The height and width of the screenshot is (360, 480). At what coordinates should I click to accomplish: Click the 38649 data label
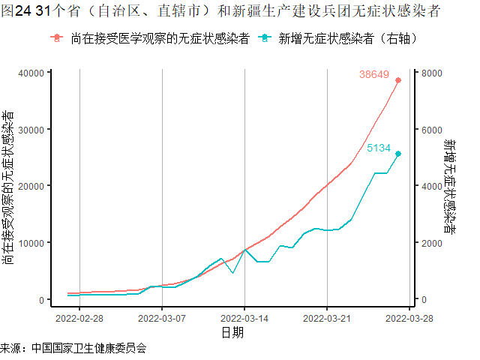373,74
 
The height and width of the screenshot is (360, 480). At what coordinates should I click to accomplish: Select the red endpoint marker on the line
398,80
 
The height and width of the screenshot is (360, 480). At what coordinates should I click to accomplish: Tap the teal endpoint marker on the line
398,154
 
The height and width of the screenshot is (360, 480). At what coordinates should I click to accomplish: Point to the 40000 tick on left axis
29,73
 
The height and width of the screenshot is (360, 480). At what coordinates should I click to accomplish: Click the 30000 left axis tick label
29,129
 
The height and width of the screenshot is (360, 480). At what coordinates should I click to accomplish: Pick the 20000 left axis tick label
29,186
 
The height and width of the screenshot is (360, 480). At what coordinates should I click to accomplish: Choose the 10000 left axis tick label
29,243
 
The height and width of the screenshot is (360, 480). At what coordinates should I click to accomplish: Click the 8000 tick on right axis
433,73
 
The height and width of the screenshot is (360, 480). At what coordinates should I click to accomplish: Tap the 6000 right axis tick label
433,129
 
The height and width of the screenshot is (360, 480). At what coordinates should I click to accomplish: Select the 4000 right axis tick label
433,186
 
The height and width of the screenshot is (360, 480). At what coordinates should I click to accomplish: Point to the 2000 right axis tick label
433,243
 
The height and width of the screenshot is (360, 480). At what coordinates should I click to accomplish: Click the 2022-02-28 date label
80,317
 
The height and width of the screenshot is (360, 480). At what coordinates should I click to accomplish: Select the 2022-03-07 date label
162,317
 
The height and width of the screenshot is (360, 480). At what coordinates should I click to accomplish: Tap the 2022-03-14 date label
244,317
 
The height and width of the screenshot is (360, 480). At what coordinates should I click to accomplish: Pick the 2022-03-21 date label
327,317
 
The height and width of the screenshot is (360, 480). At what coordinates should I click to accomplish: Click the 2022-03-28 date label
409,317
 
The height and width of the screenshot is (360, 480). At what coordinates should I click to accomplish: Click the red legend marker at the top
58,37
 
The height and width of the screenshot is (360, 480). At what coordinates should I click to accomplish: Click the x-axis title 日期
232,332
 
